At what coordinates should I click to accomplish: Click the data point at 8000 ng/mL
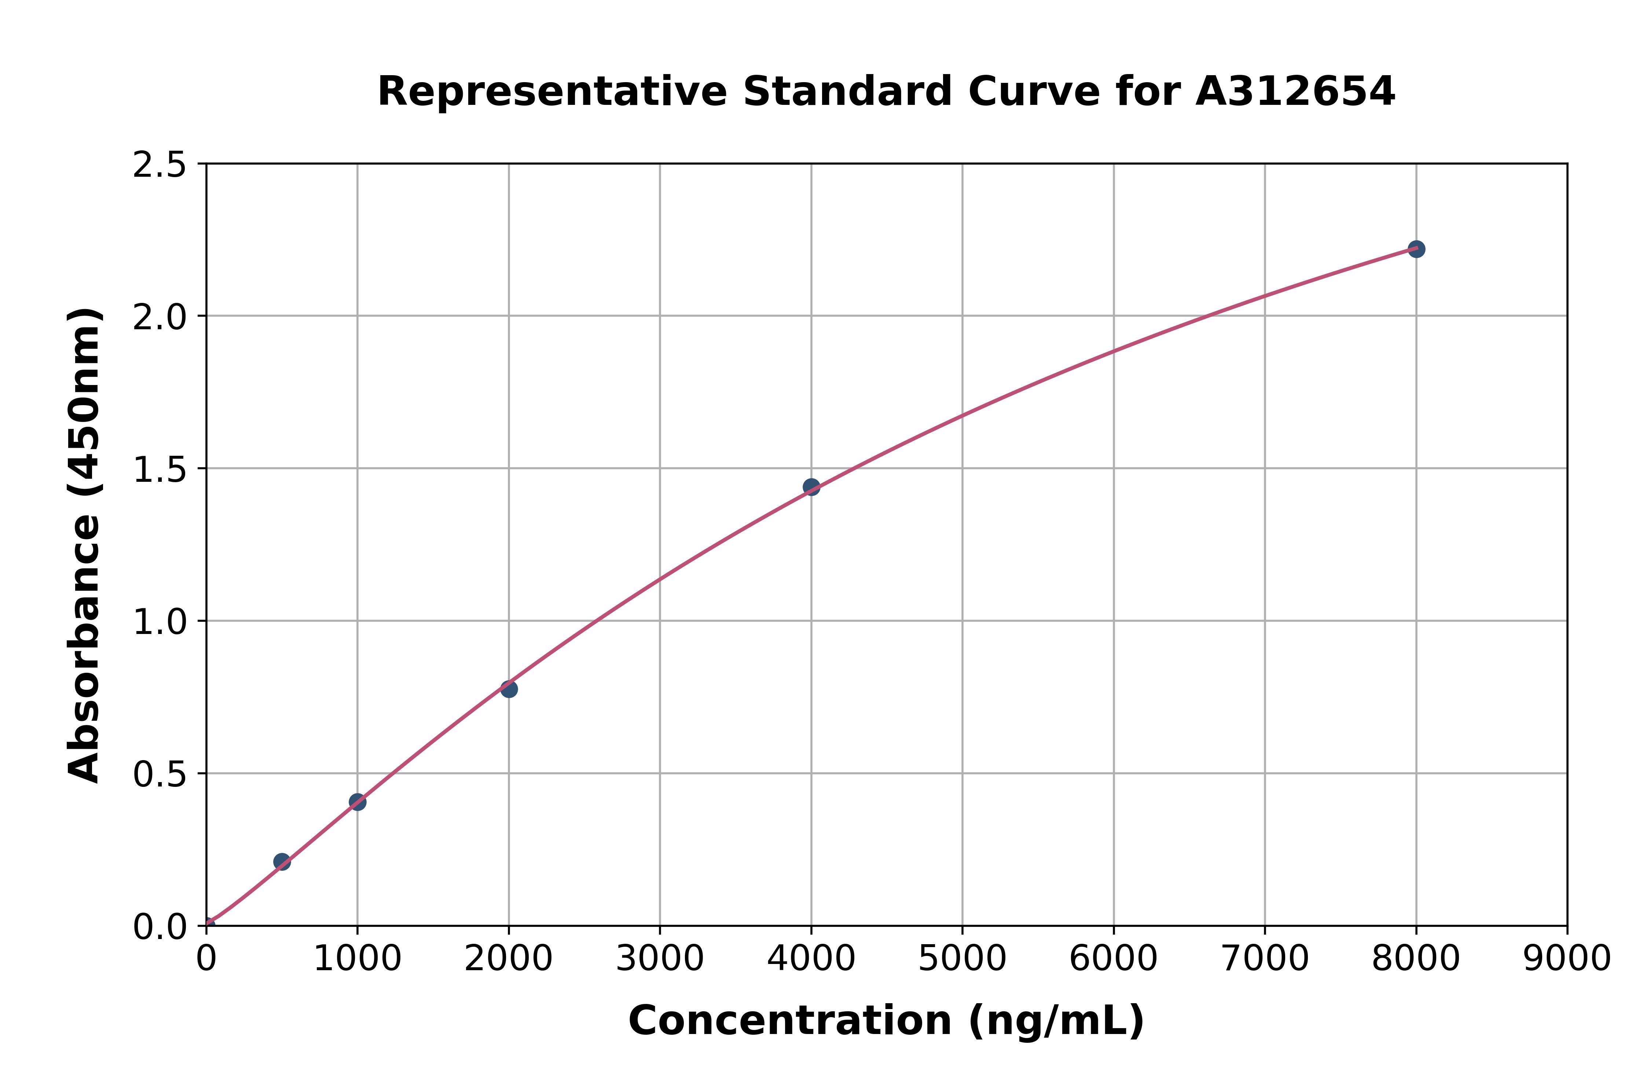click(x=1416, y=249)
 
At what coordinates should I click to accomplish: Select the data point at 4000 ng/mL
click(x=811, y=487)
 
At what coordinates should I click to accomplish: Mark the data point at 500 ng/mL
click(x=282, y=862)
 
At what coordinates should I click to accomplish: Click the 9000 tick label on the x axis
click(x=1567, y=959)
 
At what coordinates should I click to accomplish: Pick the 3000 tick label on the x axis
click(x=660, y=959)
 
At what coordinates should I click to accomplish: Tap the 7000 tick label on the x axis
click(x=1265, y=959)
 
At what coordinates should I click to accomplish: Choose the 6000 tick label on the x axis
click(x=1113, y=959)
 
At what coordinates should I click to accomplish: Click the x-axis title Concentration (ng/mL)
click(x=886, y=1021)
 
